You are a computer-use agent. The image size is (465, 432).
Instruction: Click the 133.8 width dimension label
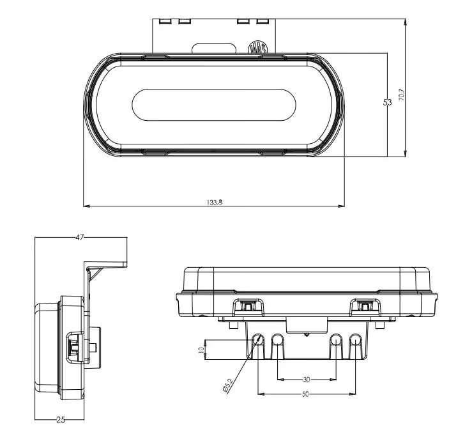click(x=215, y=203)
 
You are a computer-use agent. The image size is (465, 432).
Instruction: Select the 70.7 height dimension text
click(x=402, y=95)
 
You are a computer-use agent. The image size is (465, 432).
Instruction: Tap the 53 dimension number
click(x=387, y=102)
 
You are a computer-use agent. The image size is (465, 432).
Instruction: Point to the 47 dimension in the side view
click(x=79, y=237)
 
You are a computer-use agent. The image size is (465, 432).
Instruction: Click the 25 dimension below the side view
click(x=61, y=419)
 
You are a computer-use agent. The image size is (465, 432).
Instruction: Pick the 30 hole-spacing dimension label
click(x=307, y=380)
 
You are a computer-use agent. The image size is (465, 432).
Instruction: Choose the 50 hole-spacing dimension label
click(x=305, y=394)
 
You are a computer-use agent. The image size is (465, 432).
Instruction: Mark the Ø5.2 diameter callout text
click(x=228, y=385)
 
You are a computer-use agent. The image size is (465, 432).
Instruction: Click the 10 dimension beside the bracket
click(x=201, y=350)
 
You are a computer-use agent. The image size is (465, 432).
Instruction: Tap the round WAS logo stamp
click(x=257, y=47)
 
